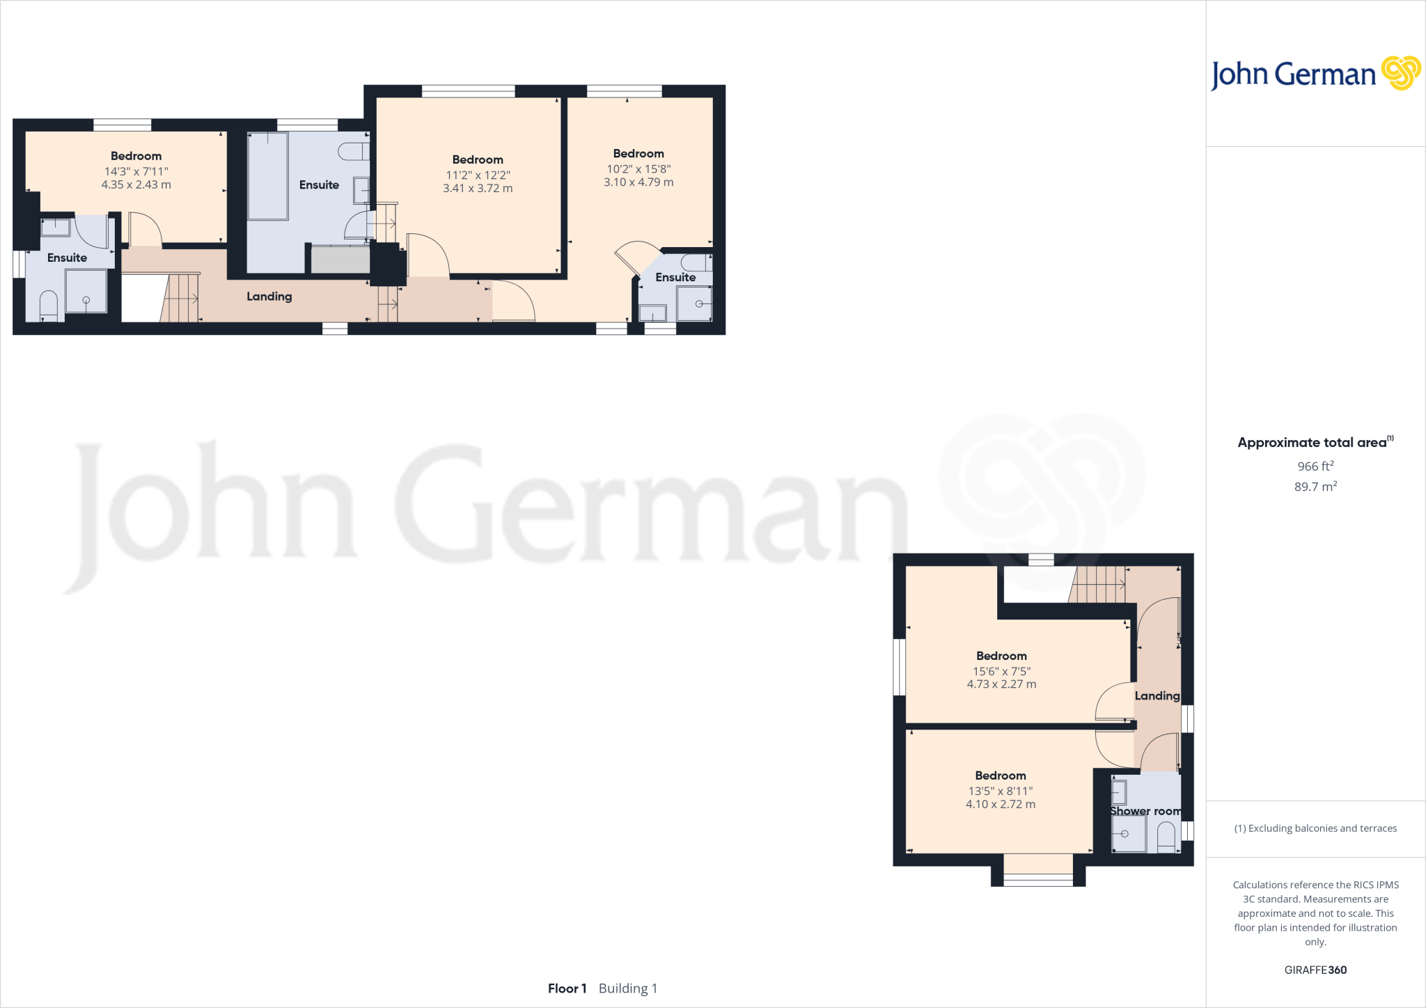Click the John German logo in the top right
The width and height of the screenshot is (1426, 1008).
(x=1315, y=74)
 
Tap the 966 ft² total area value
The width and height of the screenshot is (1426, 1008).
(x=1315, y=466)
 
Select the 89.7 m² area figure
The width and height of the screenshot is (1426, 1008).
(x=1315, y=487)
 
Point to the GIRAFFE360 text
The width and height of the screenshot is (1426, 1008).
(x=1315, y=970)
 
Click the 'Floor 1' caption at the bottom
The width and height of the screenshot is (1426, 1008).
(x=567, y=989)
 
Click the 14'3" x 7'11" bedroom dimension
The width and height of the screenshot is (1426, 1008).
(x=136, y=171)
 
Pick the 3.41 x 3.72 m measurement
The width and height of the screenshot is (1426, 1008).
(x=478, y=189)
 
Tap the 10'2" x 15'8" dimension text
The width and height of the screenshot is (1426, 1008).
(x=638, y=169)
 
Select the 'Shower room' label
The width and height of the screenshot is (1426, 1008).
(x=1145, y=811)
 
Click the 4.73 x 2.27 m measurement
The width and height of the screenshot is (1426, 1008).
(x=1001, y=684)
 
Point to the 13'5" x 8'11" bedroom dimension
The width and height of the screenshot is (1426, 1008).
(x=1001, y=791)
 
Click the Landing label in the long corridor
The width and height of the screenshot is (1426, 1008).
(x=269, y=297)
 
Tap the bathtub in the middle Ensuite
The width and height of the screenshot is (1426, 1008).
(x=268, y=176)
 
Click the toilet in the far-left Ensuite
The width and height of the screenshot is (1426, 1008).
(x=48, y=306)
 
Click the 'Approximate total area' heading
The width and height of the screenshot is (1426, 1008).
(x=1313, y=443)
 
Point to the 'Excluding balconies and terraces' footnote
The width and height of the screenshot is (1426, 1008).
(x=1315, y=828)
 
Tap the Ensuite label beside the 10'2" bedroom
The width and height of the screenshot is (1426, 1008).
(x=675, y=277)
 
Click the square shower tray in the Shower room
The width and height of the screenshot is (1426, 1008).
(x=1128, y=833)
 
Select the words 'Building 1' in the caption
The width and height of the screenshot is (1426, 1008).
(x=628, y=989)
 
